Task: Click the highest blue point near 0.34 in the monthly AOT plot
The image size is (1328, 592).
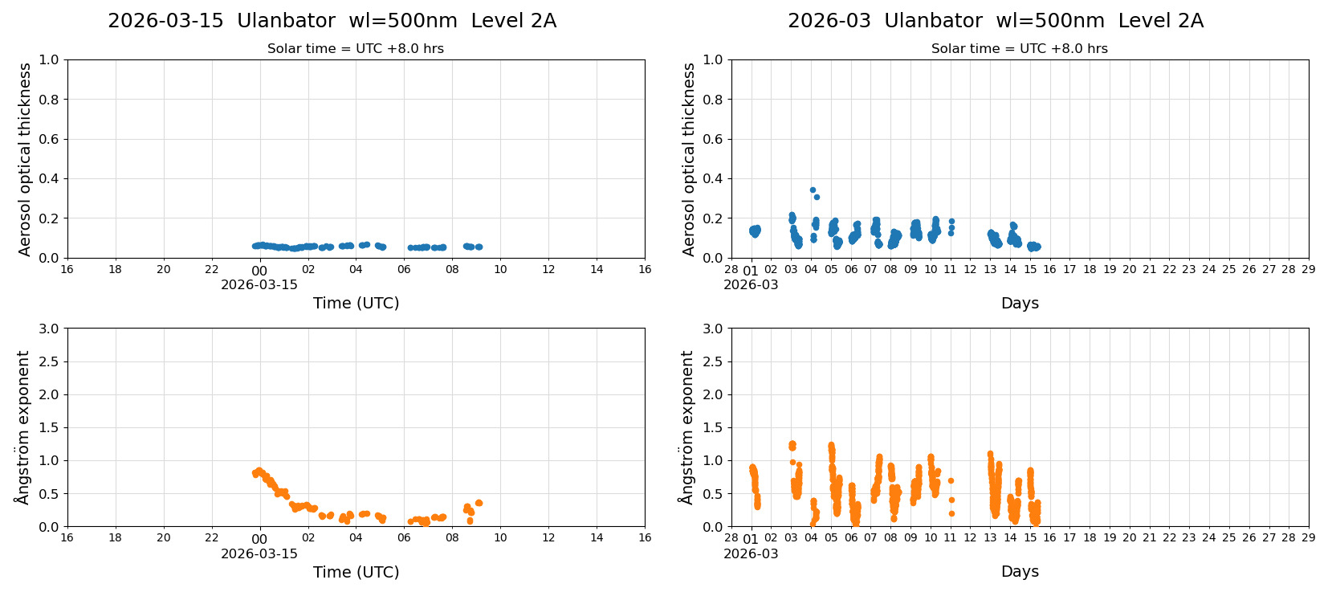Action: (813, 190)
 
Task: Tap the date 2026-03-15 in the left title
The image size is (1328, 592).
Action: (165, 21)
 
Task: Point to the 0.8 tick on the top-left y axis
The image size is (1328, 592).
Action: (49, 100)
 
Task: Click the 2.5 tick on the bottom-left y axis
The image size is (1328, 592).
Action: (49, 361)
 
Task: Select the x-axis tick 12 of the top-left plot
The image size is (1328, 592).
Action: (548, 269)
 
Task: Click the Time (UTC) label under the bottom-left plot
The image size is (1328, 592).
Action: (356, 572)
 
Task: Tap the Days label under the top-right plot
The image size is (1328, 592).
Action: (1020, 303)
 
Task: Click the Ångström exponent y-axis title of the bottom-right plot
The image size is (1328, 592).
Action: (687, 427)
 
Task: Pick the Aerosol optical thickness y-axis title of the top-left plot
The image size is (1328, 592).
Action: (25, 159)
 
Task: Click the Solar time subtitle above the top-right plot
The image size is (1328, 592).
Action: (1019, 49)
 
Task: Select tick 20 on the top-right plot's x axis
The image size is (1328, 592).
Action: (1129, 269)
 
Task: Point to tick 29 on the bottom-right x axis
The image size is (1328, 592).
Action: (1308, 538)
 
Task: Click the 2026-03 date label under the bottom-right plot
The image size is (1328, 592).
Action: (750, 553)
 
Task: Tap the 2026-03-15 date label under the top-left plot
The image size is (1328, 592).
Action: (259, 284)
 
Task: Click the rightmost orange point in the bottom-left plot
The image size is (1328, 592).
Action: (479, 503)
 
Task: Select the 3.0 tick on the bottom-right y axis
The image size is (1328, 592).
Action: (713, 329)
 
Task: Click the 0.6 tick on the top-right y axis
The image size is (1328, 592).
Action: (713, 139)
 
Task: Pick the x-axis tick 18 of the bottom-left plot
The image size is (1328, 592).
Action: (115, 538)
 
